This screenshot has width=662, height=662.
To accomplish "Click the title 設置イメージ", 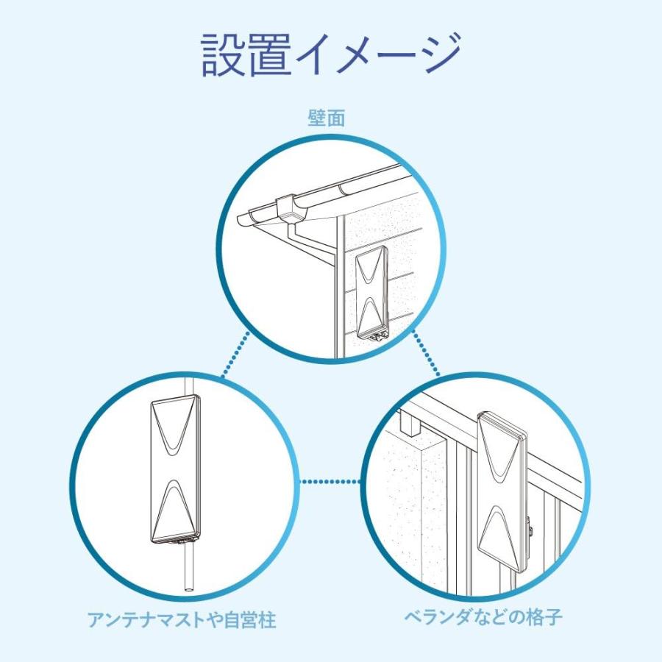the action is tap(331, 55).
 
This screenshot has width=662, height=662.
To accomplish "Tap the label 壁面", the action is tap(326, 118).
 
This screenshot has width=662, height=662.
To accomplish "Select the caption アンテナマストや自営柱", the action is tap(182, 620).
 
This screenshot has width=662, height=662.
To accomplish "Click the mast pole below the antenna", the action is tap(188, 566).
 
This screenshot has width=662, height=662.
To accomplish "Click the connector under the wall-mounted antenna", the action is tap(378, 335).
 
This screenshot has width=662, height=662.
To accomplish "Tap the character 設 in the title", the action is tap(224, 55).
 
